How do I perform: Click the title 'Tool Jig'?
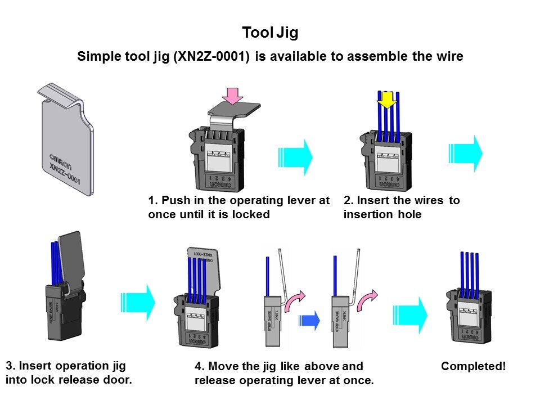point(270,33)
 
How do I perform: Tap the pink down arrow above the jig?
point(233,96)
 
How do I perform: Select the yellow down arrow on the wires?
point(387,101)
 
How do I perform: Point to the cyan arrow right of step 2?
point(466,154)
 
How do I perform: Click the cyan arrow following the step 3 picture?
point(138,301)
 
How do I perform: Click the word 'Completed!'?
point(474,366)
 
